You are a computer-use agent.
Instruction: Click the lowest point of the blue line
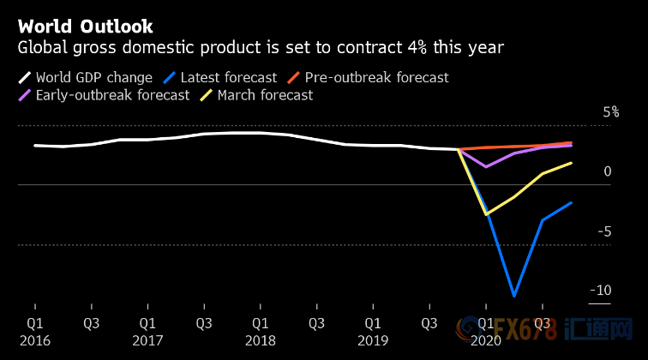click(514, 297)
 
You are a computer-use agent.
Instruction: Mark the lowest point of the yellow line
click(486, 214)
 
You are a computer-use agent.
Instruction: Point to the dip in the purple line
click(486, 166)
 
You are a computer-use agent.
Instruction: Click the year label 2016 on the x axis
click(35, 340)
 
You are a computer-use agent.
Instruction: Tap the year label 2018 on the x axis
click(261, 340)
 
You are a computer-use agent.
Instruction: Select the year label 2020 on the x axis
click(486, 340)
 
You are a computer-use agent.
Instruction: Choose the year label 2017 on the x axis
click(147, 340)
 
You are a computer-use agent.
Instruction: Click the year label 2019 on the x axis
click(373, 340)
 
